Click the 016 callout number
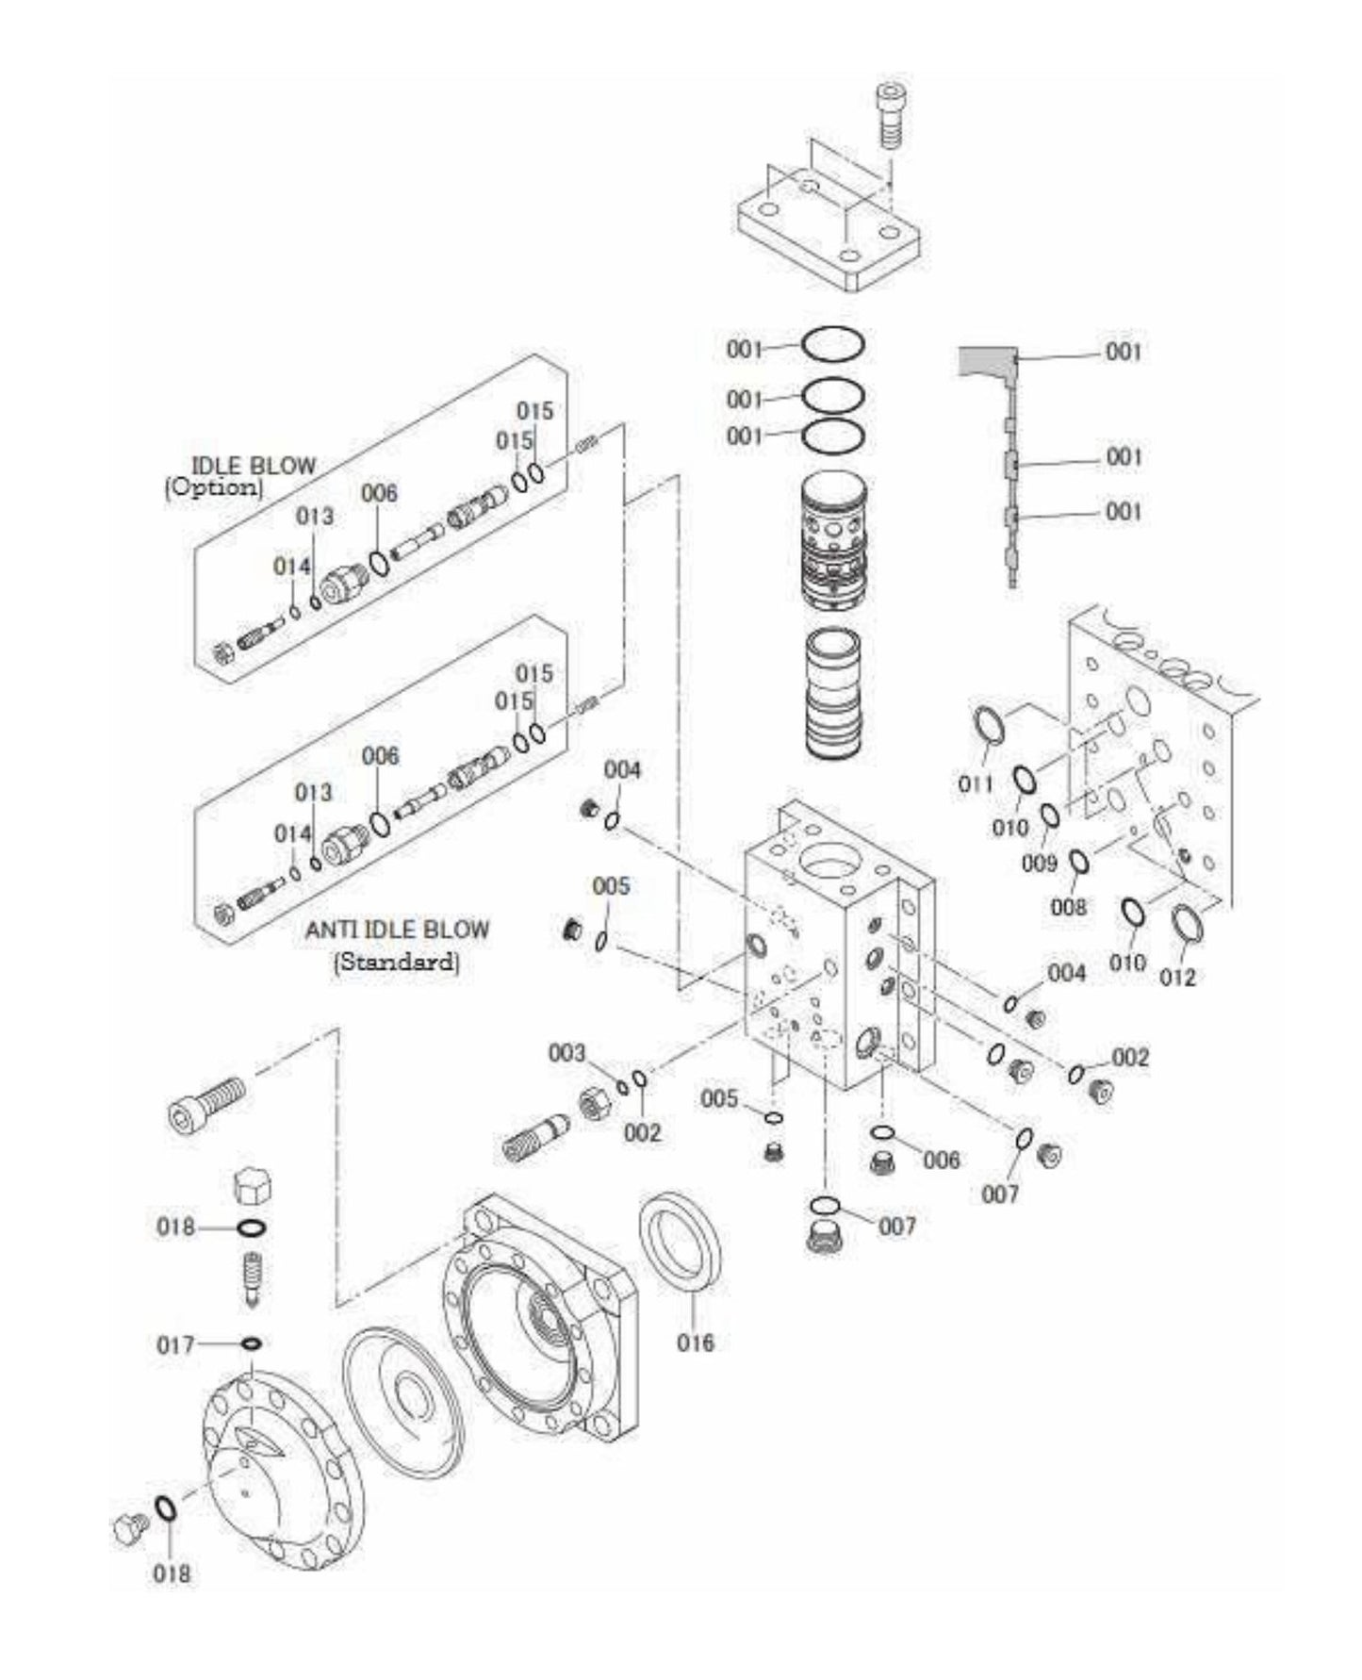click(x=696, y=1342)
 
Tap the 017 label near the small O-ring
click(x=175, y=1344)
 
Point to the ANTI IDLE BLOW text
click(x=397, y=930)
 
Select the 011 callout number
click(x=976, y=783)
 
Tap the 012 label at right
click(x=1177, y=977)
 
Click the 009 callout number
click(x=1040, y=863)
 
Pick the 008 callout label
click(x=1068, y=907)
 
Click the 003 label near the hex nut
click(x=566, y=1053)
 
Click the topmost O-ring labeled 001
click(x=833, y=345)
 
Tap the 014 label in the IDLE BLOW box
click(x=291, y=566)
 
